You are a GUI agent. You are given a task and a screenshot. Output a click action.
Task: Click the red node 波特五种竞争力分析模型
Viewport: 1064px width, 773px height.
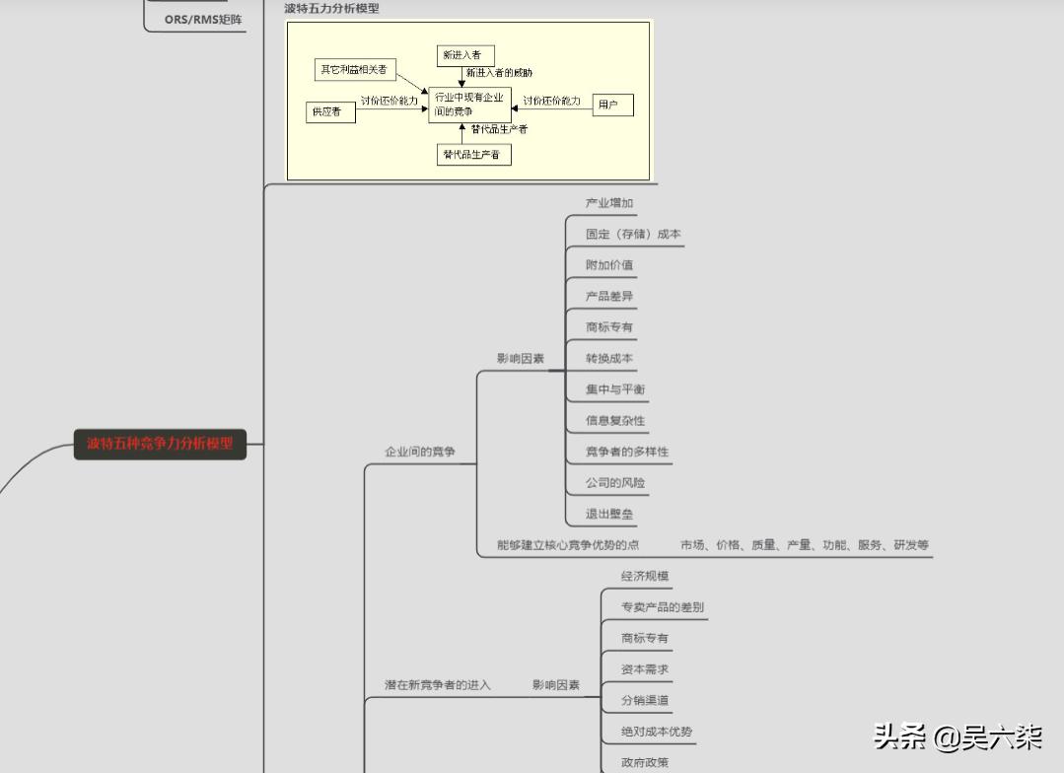tap(160, 444)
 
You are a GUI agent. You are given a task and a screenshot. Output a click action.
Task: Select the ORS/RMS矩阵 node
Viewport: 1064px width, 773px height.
tap(202, 19)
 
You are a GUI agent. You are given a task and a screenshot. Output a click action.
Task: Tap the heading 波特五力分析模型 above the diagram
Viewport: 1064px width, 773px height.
tap(331, 8)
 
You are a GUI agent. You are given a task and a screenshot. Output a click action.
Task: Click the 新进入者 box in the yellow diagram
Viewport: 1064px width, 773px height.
tap(465, 55)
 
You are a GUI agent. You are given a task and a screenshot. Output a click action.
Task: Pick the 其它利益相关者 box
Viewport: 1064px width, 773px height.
tap(353, 70)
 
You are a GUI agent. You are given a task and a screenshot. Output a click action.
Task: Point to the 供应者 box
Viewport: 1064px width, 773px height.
tap(330, 112)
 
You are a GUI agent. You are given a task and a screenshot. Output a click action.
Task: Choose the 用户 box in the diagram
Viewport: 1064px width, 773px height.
tap(612, 105)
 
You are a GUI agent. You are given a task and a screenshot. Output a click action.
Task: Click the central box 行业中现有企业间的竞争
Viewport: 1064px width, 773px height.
tap(469, 105)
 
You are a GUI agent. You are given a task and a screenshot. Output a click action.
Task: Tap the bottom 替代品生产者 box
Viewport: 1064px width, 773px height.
tap(474, 155)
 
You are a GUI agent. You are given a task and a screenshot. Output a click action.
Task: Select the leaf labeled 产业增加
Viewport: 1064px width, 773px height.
tap(609, 203)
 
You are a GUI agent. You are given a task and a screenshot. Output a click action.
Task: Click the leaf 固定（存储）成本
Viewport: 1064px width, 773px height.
tap(633, 235)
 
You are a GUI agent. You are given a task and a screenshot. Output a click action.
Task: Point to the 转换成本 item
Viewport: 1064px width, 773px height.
tap(609, 358)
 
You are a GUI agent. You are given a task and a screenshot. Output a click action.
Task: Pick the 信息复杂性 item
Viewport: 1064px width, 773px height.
tap(615, 420)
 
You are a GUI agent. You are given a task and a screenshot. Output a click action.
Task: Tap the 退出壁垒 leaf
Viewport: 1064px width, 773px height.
tap(609, 514)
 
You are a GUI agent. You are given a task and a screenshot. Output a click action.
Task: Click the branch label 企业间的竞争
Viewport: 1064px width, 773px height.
tap(420, 452)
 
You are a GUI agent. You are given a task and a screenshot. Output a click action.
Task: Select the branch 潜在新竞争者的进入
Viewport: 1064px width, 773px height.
tap(437, 684)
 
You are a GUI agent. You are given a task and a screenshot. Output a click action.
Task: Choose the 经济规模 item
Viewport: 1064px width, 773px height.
tap(645, 576)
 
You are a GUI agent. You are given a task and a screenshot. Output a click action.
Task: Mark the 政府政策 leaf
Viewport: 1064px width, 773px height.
tap(645, 762)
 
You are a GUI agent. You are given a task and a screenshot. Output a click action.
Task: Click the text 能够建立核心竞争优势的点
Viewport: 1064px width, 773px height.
tap(568, 545)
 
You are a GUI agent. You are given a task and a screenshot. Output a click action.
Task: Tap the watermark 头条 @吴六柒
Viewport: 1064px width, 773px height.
tap(957, 737)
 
